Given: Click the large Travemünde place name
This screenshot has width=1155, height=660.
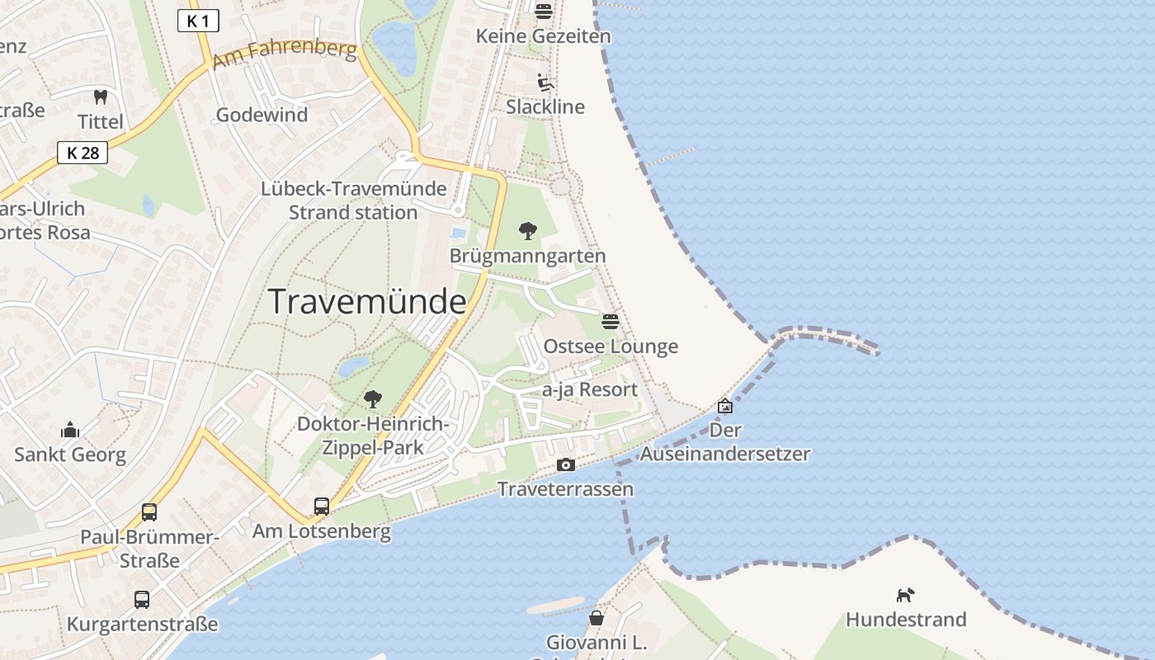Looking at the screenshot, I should point(367,302).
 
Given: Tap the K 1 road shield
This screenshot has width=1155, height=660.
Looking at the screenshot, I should point(198,21).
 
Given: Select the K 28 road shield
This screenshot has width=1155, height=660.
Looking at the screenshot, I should point(82,152).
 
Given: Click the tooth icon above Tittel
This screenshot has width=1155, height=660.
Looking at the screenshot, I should point(101,97).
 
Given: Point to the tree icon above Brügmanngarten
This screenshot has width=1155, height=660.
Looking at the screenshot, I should point(528,230).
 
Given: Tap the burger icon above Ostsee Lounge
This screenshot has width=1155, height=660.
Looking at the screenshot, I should point(610,321).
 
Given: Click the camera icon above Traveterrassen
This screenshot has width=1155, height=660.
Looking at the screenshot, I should point(565,464).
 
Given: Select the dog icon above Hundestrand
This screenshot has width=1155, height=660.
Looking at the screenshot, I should point(906,595).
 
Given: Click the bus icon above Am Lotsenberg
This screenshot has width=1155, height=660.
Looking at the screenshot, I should point(322,506).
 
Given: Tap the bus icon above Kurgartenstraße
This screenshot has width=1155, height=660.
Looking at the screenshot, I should point(142,599).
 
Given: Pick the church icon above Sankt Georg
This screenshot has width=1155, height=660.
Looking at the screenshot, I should point(70,430).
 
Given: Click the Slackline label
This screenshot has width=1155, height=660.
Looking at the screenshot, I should point(545,106).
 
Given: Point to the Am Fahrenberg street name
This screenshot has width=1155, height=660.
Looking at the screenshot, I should point(285,55).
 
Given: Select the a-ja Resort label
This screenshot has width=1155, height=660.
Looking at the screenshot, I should point(590,389).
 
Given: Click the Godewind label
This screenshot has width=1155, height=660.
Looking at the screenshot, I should point(262,115).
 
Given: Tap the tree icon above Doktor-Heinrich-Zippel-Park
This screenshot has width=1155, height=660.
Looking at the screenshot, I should point(373,399).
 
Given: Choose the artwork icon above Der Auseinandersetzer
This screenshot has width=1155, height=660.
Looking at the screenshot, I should point(725,406).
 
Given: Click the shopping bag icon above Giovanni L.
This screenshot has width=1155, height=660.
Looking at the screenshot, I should point(596,617).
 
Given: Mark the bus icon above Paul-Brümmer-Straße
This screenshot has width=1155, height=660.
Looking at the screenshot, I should point(149,511).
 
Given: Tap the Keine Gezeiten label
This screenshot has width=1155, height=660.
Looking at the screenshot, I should point(544,36).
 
